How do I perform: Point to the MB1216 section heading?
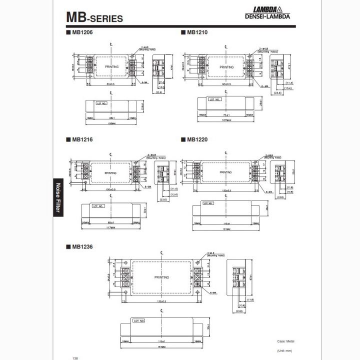coord(81,139)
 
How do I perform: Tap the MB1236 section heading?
coord(81,246)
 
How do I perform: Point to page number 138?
coord(75,357)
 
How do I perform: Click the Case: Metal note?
coord(285,341)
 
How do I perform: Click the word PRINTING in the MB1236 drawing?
coord(161,277)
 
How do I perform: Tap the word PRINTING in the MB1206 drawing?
coord(111,66)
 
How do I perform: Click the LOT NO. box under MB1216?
coord(99,205)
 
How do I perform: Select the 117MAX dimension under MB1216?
coord(110,228)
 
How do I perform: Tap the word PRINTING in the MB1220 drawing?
coord(225,172)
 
